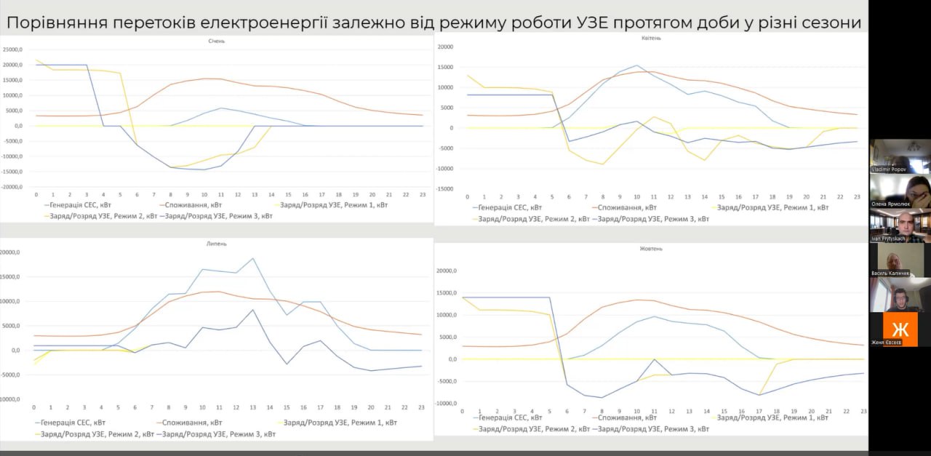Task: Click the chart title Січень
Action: pos(216,41)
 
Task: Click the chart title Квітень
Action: pos(652,38)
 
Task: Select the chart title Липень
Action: pos(215,244)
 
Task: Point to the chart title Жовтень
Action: pos(651,248)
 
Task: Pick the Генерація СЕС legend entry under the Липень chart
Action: pos(73,423)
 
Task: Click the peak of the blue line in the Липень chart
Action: pos(252,258)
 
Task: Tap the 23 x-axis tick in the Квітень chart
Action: pos(857,197)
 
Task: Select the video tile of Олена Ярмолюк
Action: pos(900,192)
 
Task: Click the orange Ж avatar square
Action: pos(900,328)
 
